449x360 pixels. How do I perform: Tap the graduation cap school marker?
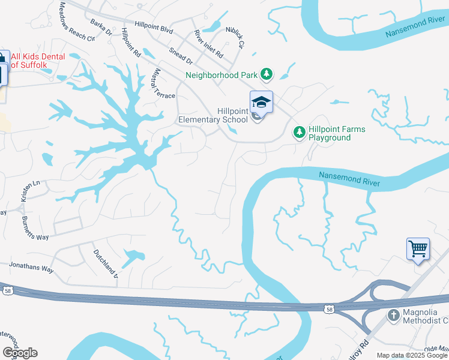tap(261, 102)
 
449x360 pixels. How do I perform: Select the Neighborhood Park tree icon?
tap(267, 75)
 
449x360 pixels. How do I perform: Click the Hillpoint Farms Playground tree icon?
tap(299, 131)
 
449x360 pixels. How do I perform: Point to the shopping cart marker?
tap(418, 248)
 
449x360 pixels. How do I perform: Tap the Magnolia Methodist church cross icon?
tap(393, 314)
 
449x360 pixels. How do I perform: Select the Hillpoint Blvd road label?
tap(154, 26)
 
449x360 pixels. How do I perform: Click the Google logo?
tap(20, 353)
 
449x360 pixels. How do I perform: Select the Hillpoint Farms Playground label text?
tap(337, 133)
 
